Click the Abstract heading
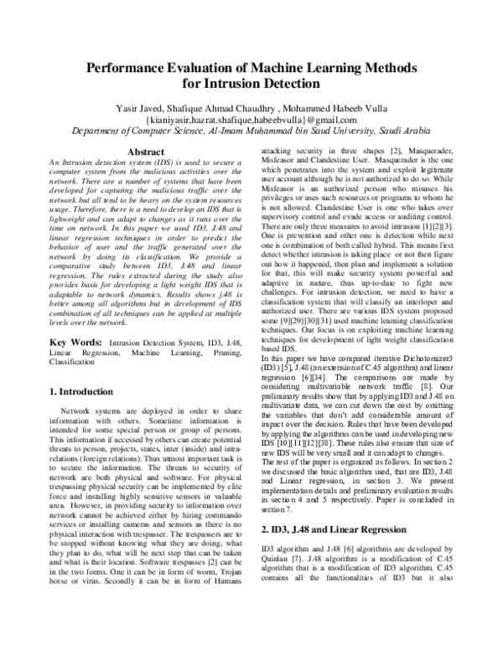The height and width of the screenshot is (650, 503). [143, 152]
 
